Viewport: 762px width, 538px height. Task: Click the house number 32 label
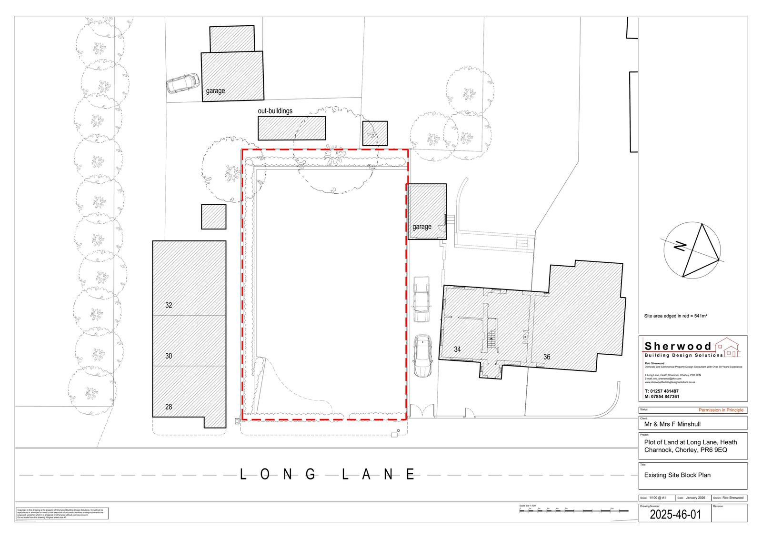click(169, 305)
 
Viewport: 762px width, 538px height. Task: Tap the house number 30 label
click(169, 356)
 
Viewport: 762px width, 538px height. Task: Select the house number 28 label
click(169, 407)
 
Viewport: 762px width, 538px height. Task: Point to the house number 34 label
click(457, 349)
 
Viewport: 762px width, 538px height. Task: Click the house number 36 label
click(547, 357)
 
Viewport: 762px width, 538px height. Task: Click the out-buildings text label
click(275, 111)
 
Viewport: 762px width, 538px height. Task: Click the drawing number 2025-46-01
click(675, 515)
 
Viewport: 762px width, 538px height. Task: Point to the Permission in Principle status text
click(721, 410)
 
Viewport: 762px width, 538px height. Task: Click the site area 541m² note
click(675, 316)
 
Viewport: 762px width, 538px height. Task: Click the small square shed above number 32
click(213, 217)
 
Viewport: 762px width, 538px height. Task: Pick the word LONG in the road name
click(278, 474)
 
